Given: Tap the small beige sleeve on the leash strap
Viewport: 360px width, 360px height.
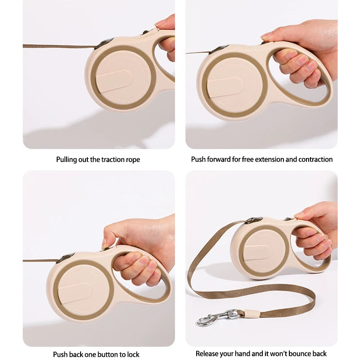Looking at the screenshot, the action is pos(252,313).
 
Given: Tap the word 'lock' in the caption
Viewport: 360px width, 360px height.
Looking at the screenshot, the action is pos(133,354).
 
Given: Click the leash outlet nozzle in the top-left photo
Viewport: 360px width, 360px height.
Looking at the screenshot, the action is pos(104,44).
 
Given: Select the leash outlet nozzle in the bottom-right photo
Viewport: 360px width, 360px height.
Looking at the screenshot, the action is pos(254,220).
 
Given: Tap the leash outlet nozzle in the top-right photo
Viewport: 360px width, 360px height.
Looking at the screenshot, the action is pos(219,49).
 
